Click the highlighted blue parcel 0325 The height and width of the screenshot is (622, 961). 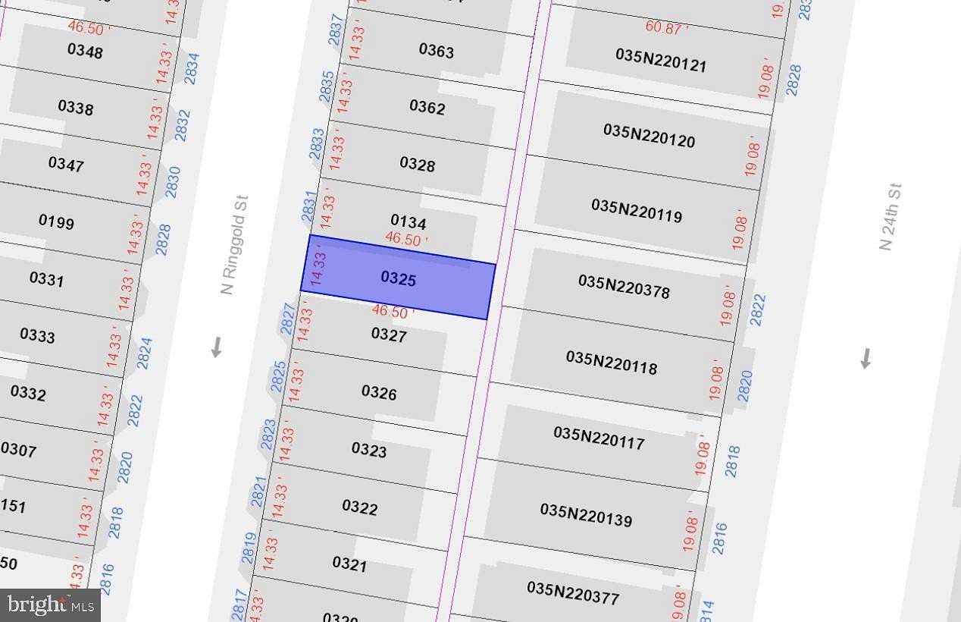[399, 278]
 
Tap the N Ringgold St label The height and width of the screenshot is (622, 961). [234, 245]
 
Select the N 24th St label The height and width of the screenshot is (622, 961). [890, 217]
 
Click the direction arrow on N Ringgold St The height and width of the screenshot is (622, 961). [216, 347]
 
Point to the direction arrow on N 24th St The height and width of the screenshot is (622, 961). [866, 358]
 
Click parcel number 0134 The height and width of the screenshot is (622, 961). [408, 221]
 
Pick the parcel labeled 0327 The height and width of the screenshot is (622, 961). [389, 335]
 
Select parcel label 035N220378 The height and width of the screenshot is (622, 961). [624, 286]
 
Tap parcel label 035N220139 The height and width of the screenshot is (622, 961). [586, 514]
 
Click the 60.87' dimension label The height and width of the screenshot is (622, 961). [667, 27]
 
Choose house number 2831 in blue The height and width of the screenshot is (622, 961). [309, 206]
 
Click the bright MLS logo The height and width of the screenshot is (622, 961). [50, 605]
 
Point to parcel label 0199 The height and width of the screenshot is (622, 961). [56, 221]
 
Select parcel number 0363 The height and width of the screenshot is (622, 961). [437, 51]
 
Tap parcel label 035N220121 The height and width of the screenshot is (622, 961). [661, 61]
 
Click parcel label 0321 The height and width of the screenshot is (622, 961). [349, 564]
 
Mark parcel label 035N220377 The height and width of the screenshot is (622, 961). [573, 592]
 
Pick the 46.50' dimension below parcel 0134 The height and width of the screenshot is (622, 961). [406, 238]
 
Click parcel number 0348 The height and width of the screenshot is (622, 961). [85, 51]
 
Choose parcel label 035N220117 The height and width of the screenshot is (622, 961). [599, 437]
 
